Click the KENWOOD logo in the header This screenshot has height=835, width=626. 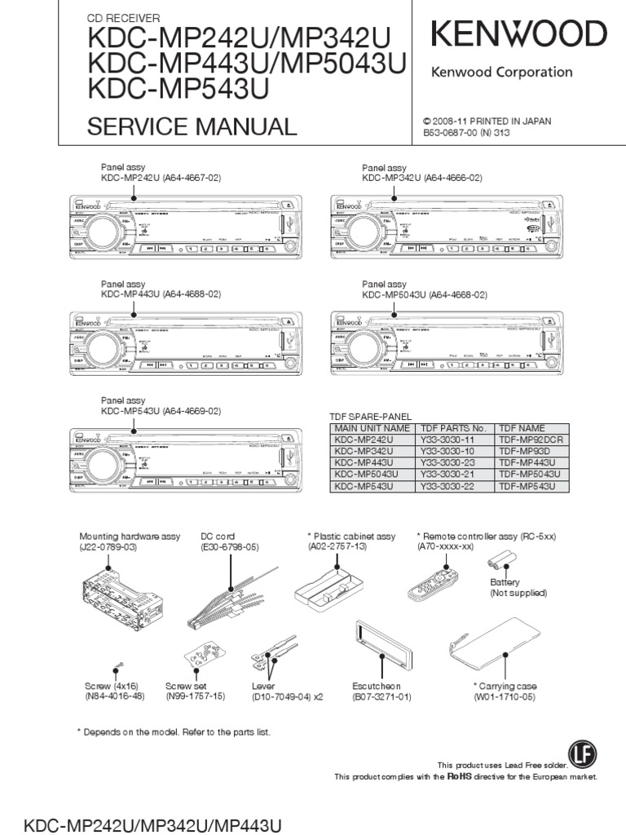(x=518, y=34)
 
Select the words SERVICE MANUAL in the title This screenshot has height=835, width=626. (x=192, y=126)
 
